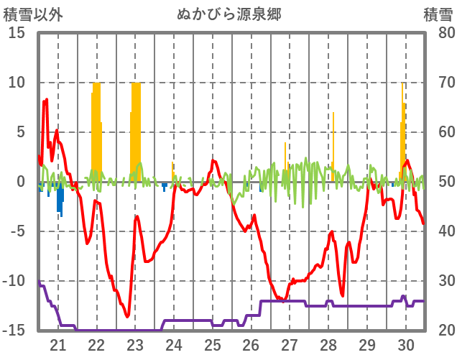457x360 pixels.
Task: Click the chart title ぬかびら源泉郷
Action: click(228, 14)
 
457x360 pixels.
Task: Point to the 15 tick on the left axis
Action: click(16, 33)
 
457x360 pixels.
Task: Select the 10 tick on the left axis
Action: click(16, 83)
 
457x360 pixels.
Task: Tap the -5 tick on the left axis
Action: click(16, 232)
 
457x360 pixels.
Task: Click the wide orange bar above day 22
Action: click(96, 129)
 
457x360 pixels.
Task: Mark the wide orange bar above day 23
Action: click(135, 129)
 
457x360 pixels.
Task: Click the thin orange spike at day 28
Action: click(333, 140)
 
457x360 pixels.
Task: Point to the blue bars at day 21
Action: click(60, 198)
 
